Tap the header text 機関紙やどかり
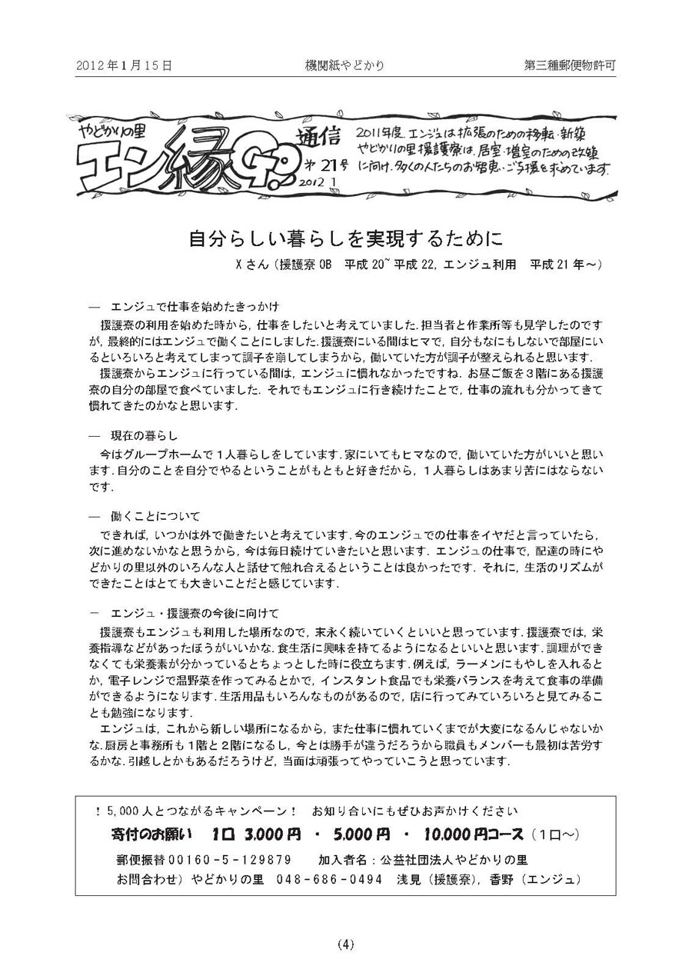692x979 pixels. point(344,66)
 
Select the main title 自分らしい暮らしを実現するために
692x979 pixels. point(346,237)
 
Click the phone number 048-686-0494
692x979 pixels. point(330,879)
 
